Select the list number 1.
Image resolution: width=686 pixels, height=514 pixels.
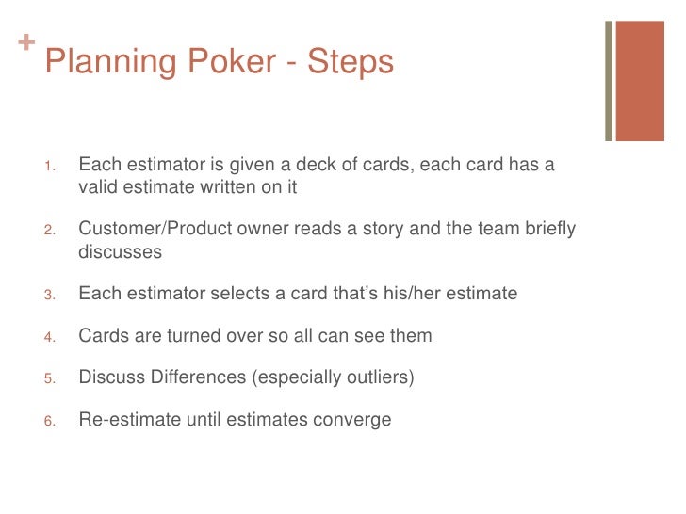(x=49, y=167)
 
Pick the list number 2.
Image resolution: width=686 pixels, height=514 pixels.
(x=49, y=231)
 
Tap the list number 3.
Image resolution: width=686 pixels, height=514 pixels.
(x=49, y=295)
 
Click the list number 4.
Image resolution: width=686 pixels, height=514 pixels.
(x=49, y=337)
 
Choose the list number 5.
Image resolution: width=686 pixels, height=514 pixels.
(x=49, y=379)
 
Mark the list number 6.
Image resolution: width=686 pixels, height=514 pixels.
(x=49, y=421)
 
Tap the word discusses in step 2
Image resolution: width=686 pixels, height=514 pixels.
(x=120, y=251)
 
